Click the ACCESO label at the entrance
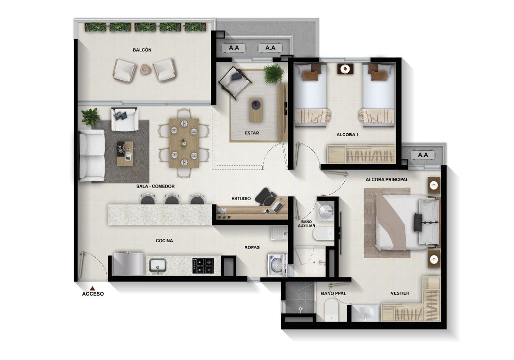(93, 294)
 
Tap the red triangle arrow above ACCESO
(92, 288)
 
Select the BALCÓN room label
(142, 50)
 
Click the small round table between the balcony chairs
(145, 70)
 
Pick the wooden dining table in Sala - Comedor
(184, 142)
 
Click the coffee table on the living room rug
(125, 150)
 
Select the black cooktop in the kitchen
(203, 266)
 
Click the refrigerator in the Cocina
(128, 264)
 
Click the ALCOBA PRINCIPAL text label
(387, 180)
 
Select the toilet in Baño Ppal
(331, 309)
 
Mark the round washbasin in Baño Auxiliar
(324, 210)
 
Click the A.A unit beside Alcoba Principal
(423, 155)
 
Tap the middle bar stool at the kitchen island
(172, 199)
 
